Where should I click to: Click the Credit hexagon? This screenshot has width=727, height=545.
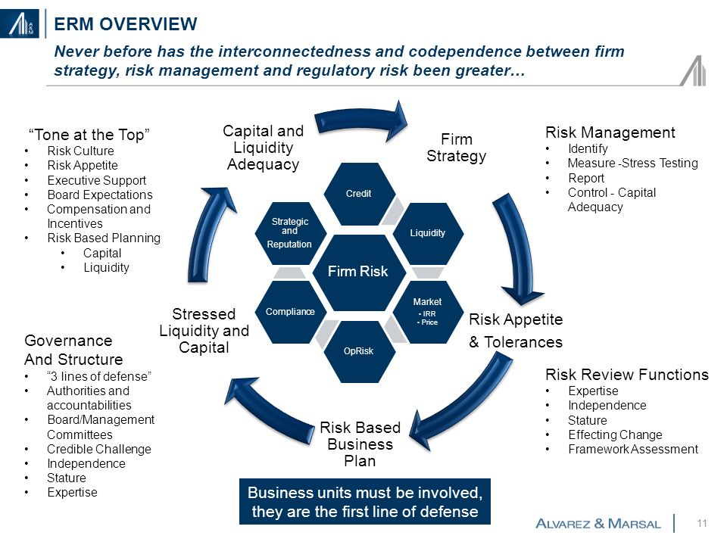coord(359,194)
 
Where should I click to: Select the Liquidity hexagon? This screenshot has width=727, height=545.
coord(428,233)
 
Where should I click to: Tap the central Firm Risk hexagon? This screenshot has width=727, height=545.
coord(359,272)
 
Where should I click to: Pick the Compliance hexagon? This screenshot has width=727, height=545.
coord(291,312)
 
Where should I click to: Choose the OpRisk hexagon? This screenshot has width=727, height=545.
coord(359,351)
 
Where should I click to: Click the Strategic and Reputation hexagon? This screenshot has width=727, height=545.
coord(291,233)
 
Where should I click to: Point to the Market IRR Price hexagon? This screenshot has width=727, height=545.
coord(428,312)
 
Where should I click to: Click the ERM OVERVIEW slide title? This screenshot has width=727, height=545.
coord(126,24)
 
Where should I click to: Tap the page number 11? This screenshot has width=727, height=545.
coord(702,523)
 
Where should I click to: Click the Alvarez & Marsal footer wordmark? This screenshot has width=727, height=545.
coord(598,524)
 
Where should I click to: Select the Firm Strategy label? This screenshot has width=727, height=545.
coord(456,148)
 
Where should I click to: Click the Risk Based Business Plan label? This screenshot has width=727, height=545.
coord(360,444)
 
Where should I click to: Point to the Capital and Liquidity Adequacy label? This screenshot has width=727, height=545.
coord(264,148)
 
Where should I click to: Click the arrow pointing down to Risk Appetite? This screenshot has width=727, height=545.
coord(517,251)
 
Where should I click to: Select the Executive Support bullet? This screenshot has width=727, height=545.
coord(96,180)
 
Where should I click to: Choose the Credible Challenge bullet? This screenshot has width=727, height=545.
coord(99,449)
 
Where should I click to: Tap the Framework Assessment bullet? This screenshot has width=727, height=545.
coord(633,449)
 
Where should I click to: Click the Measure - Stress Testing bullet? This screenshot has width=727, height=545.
coord(633,163)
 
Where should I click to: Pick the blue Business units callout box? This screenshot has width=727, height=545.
coord(365,502)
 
